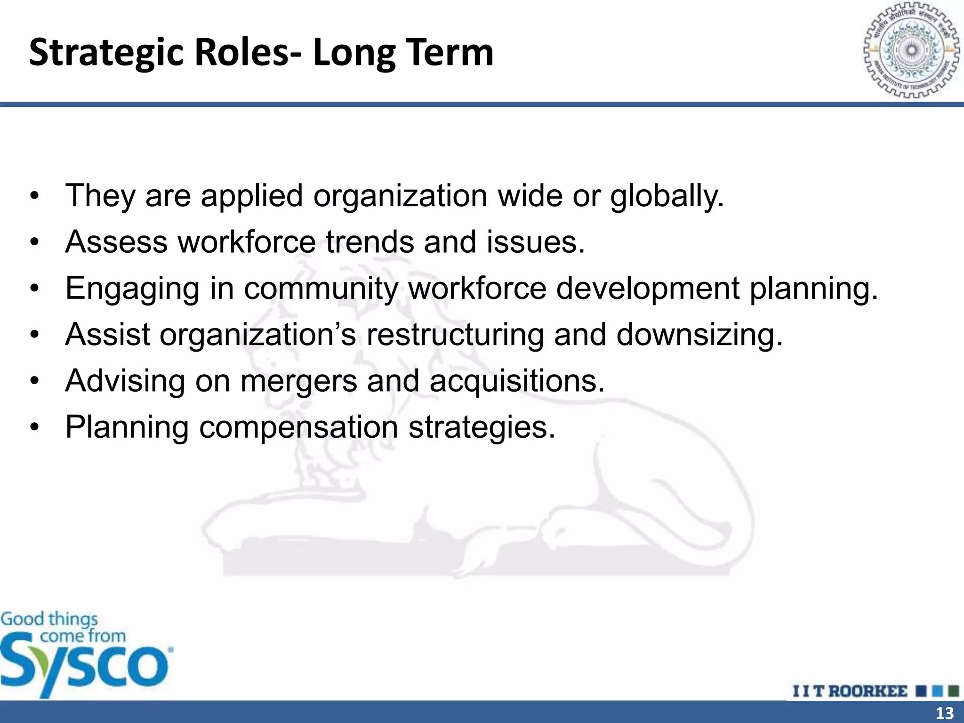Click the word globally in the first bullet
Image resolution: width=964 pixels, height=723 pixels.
(x=667, y=196)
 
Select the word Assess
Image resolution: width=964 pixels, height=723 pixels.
(x=116, y=242)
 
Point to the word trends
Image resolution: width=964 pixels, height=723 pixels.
(x=370, y=242)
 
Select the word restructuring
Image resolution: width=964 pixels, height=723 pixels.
(x=455, y=335)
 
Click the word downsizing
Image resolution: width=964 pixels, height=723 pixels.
(x=699, y=335)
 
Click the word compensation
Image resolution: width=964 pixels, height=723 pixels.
(x=298, y=428)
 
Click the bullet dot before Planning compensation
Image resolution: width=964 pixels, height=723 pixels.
(x=34, y=427)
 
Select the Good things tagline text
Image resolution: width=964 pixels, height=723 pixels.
(x=49, y=619)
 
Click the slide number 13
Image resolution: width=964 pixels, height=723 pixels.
(x=944, y=713)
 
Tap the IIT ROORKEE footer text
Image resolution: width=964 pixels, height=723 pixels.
(x=849, y=691)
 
